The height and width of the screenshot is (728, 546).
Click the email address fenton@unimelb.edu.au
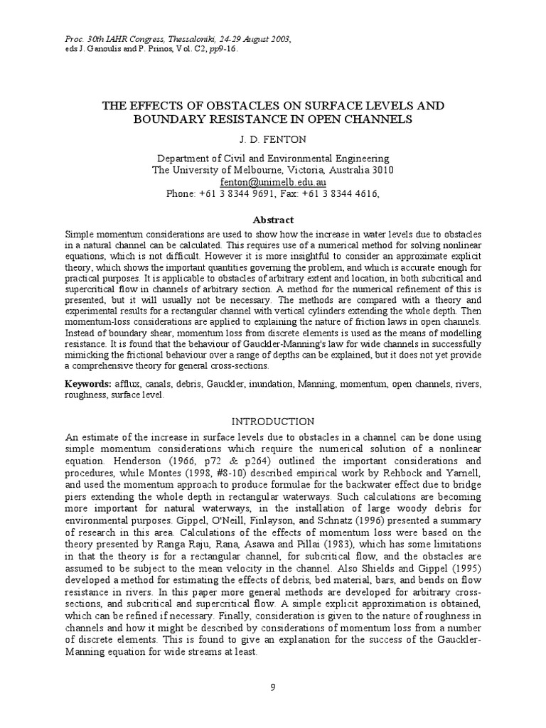[273, 182]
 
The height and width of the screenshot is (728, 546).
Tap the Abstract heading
[273, 220]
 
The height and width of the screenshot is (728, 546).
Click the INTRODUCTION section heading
[273, 421]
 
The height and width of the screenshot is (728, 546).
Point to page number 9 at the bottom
[273, 686]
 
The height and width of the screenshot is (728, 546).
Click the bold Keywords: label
[87, 384]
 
